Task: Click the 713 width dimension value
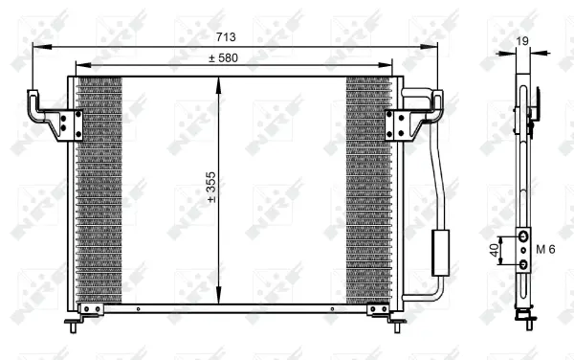pos(225,37)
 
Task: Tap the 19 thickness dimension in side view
pos(520,40)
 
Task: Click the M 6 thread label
pos(545,250)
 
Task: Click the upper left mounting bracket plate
pos(70,124)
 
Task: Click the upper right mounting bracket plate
pos(398,124)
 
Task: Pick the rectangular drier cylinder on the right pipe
pos(442,252)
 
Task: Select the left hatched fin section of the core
pos(99,188)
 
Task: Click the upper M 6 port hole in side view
pos(523,236)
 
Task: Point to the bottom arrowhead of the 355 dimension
pos(220,300)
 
